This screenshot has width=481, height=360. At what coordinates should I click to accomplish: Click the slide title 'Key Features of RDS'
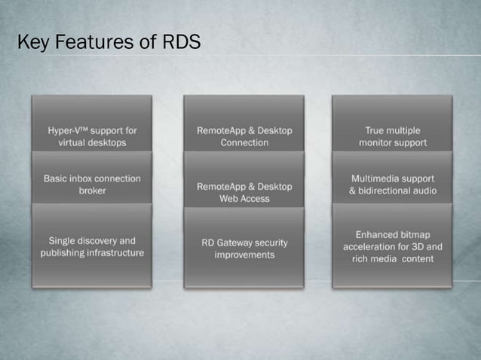[x=109, y=43]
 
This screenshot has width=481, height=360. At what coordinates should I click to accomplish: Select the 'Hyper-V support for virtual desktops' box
[x=92, y=136]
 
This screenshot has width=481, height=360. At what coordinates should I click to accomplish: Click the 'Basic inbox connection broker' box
[x=92, y=185]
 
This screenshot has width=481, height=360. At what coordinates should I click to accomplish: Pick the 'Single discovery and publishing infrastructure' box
[x=92, y=246]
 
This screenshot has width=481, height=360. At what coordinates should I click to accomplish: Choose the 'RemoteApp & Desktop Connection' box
[x=244, y=136]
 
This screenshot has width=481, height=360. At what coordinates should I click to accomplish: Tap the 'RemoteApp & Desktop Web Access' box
[x=244, y=192]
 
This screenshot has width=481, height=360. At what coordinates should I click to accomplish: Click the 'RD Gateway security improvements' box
[x=244, y=249]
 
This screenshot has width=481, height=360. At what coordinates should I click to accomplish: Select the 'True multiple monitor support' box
[x=392, y=136]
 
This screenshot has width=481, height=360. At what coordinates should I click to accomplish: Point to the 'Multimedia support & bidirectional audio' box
[x=392, y=185]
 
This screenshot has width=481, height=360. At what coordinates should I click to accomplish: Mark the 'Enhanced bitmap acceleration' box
[x=392, y=246]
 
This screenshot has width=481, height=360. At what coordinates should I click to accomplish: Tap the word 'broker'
[x=92, y=191]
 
